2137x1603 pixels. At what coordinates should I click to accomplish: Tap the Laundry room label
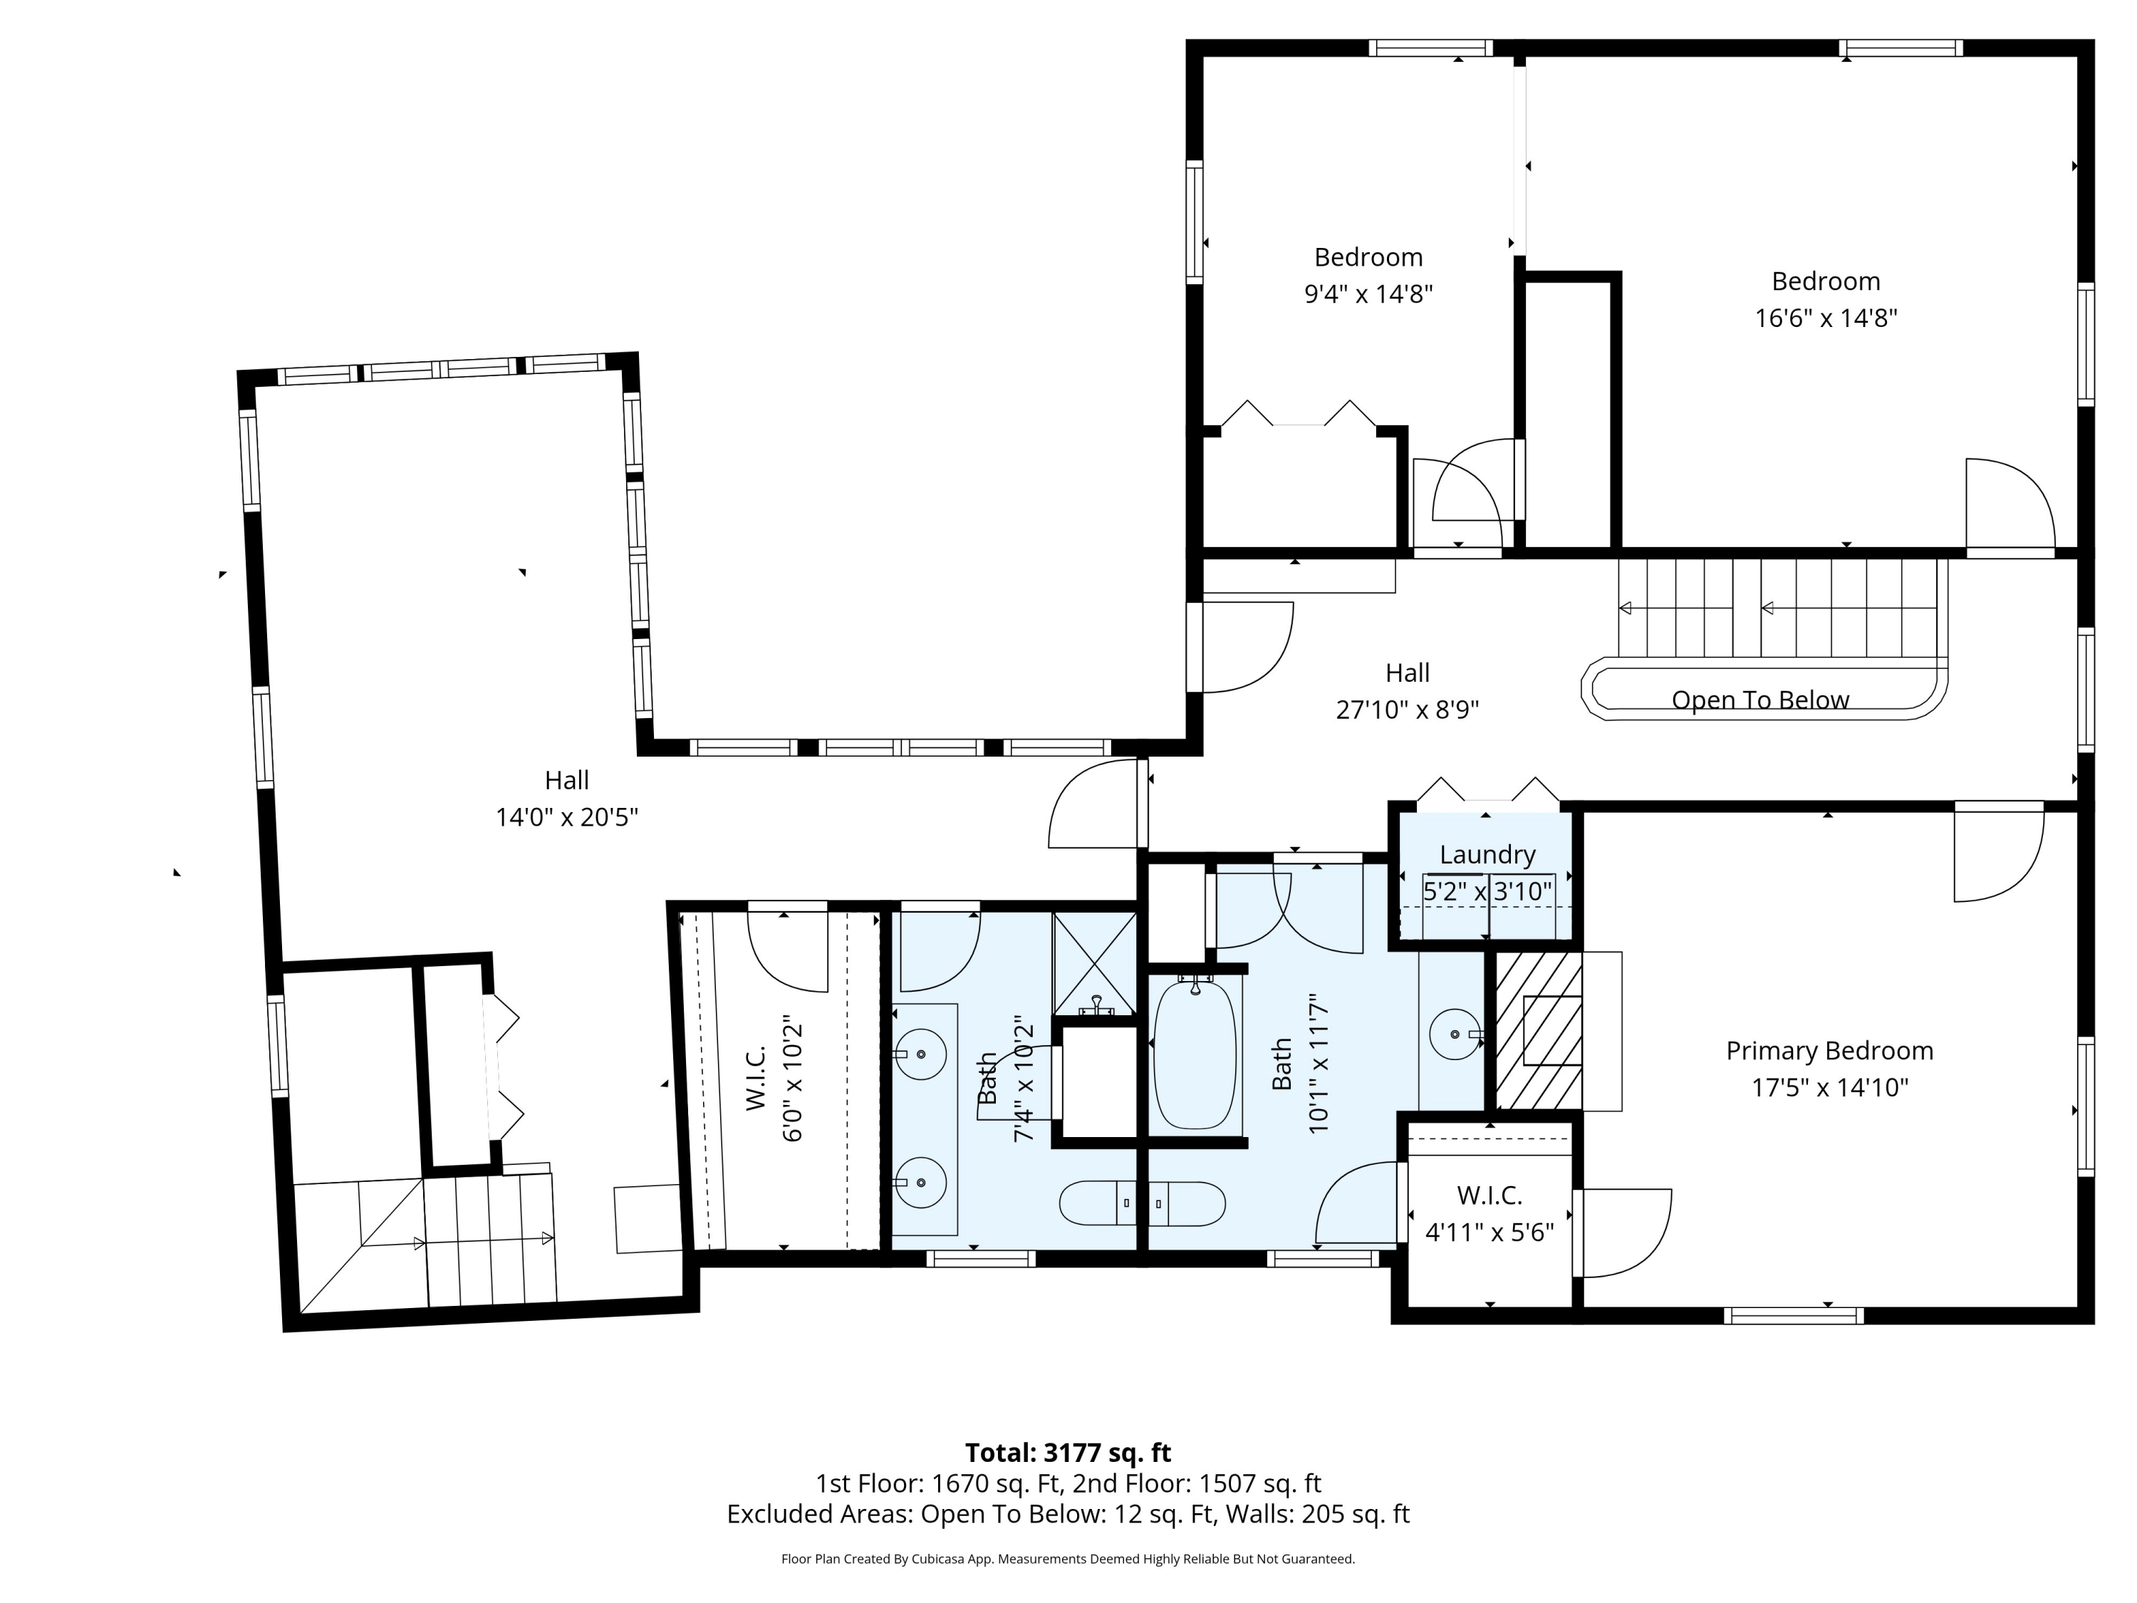[1487, 854]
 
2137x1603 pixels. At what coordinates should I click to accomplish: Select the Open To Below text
[1760, 700]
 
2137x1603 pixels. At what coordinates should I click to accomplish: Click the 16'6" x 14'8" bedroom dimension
[1826, 318]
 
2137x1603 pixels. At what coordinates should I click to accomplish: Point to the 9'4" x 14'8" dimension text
[1368, 294]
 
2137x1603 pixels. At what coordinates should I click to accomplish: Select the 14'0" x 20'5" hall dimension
[567, 817]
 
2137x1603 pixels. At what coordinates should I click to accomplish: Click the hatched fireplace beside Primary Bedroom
[1538, 1031]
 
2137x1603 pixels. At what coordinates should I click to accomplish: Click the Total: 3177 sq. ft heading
[1068, 1452]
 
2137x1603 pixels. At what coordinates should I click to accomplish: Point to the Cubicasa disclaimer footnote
[1068, 1559]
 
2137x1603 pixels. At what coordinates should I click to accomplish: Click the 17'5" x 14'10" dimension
[1830, 1088]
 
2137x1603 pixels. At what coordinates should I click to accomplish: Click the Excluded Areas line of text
[1068, 1514]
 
